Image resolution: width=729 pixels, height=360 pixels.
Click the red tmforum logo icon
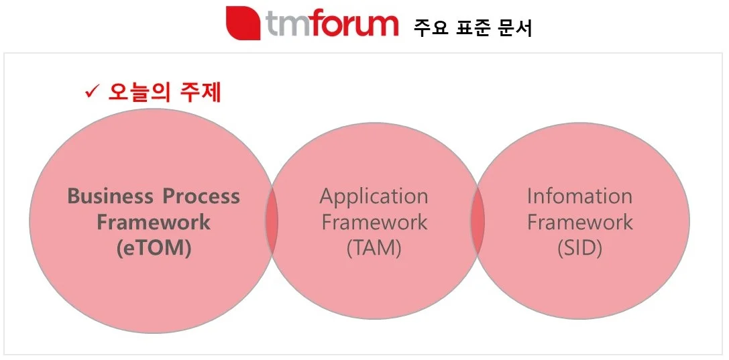pos(243,23)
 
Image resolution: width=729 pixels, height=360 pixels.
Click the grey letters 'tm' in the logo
pos(286,24)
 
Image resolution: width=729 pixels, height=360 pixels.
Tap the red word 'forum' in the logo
pos(352,23)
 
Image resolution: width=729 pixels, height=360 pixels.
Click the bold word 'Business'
pos(110,196)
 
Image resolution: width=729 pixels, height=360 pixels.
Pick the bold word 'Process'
pos(201,196)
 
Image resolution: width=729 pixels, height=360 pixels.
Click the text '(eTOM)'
pos(154,249)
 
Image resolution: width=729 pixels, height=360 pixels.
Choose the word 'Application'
pos(374,197)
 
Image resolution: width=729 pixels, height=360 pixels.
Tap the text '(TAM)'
pos(374,249)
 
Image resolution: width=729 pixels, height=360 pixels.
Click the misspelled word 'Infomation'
pos(579,196)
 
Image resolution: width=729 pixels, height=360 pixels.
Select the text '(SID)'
pos(579,249)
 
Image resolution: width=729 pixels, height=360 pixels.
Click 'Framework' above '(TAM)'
pos(374,222)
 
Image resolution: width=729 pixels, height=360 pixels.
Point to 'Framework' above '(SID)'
pos(579,222)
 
